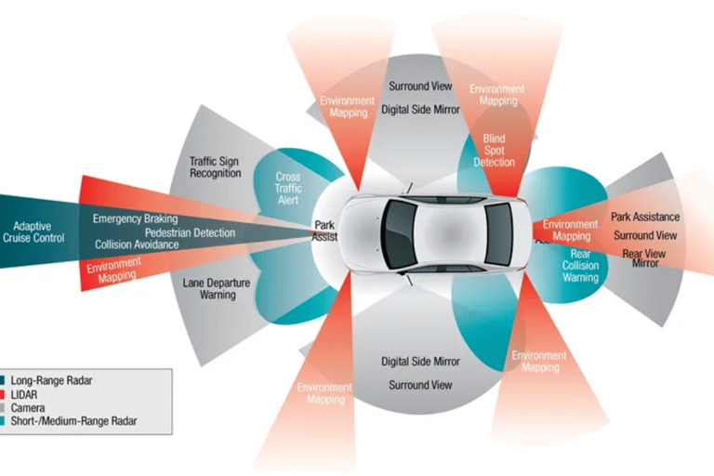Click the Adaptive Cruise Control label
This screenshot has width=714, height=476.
tap(40, 231)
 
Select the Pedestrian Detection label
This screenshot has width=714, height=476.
tap(190, 231)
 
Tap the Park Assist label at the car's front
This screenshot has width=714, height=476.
tap(324, 230)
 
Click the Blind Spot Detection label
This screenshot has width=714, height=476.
tap(494, 151)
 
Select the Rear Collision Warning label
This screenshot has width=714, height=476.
tap(580, 264)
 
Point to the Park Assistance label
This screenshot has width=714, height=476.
tap(644, 217)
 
